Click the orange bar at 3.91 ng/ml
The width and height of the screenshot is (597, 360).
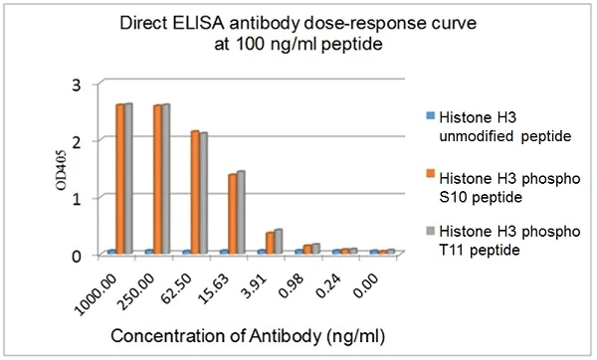[x=270, y=243]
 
